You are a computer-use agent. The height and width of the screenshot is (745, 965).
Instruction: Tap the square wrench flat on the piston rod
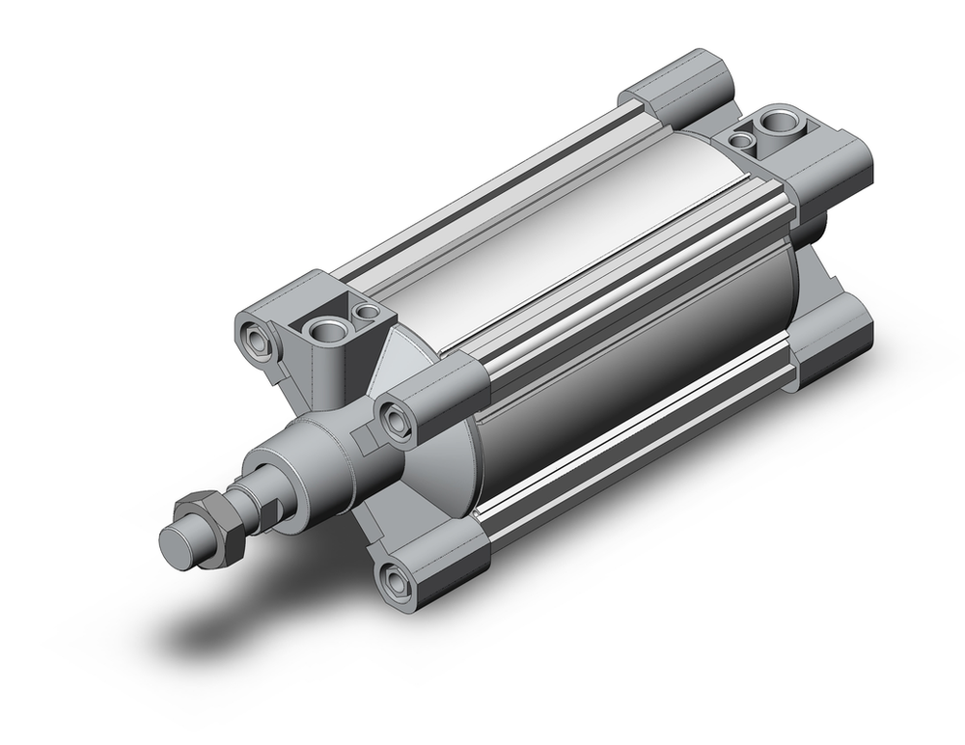(x=269, y=506)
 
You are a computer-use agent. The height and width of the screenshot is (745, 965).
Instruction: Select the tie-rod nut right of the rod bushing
(x=395, y=418)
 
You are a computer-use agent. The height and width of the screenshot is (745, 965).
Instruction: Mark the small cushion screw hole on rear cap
(x=741, y=141)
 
